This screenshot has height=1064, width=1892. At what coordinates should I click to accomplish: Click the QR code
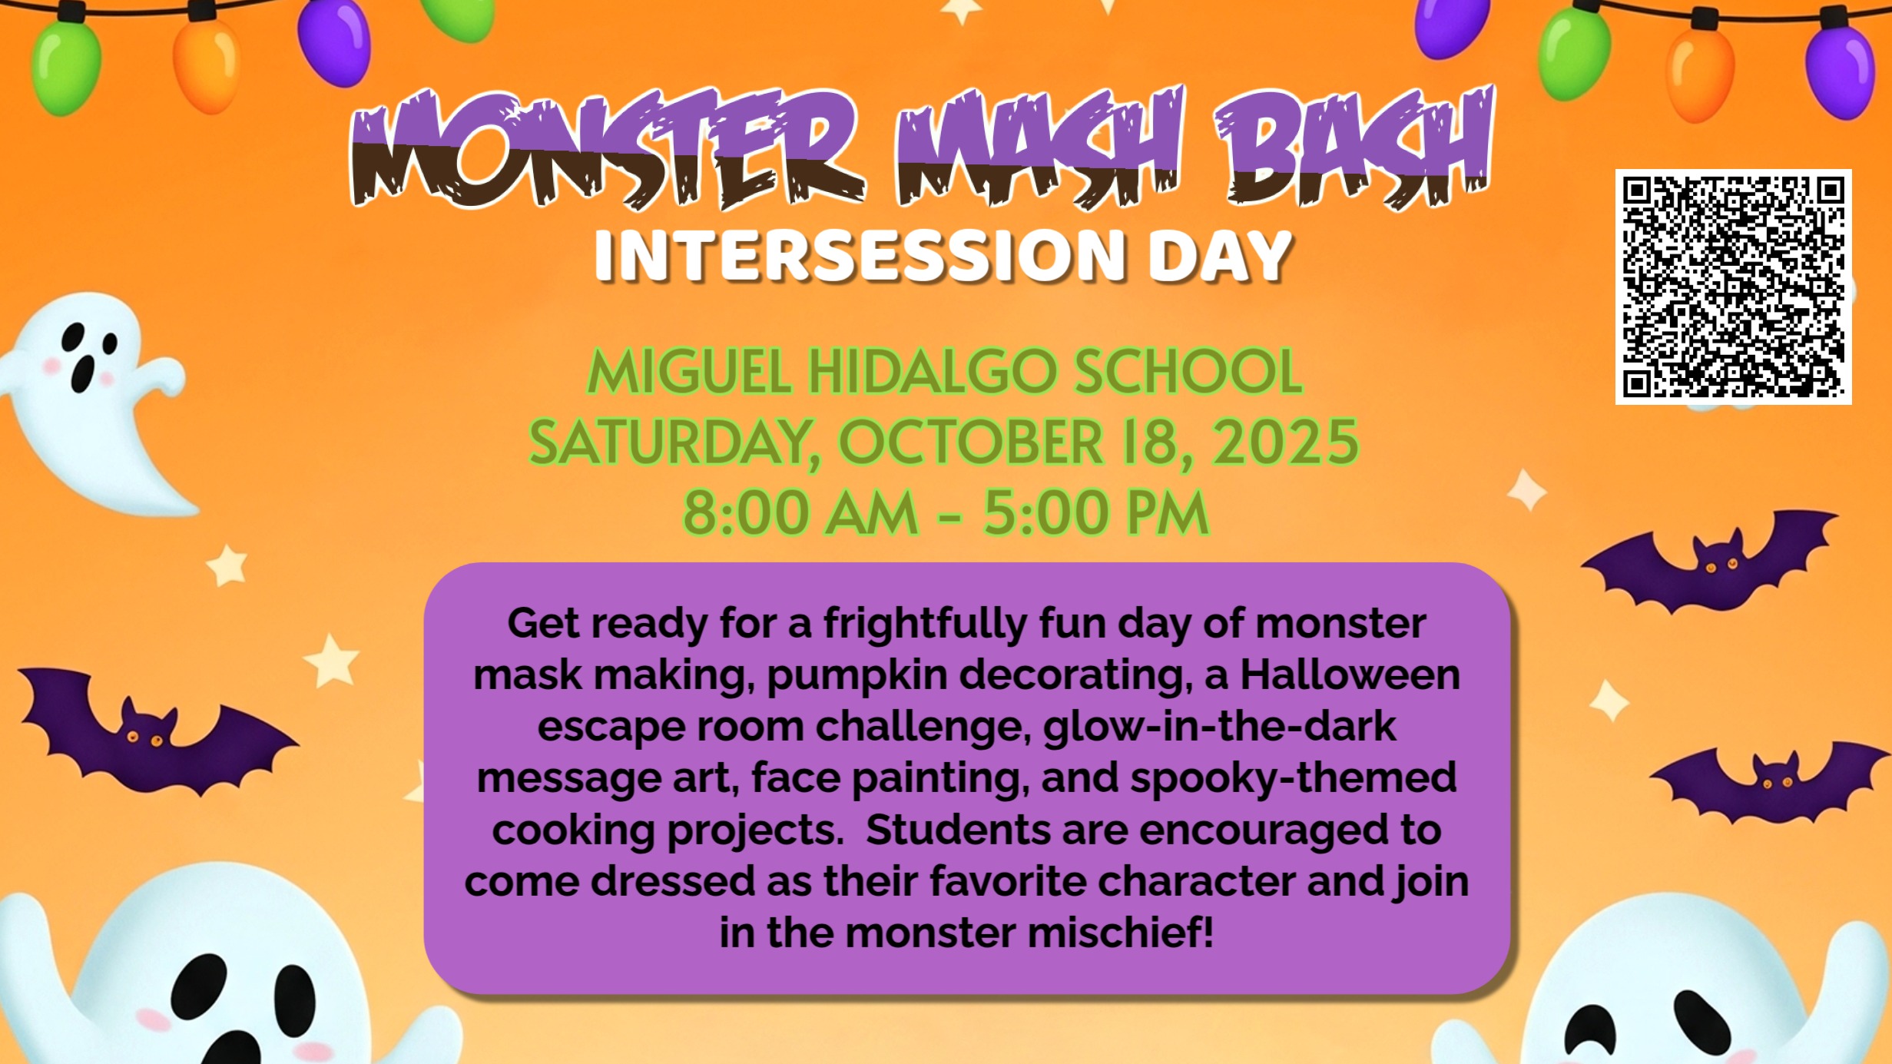point(1733,287)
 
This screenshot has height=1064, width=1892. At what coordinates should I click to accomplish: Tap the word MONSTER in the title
point(607,149)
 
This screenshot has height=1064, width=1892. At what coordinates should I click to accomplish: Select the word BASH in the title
point(1354,146)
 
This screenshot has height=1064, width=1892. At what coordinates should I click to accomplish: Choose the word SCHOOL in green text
point(1188,372)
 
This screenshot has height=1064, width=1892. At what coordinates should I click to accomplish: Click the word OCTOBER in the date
point(971,442)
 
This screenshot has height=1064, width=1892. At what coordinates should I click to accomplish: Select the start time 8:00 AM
point(800,512)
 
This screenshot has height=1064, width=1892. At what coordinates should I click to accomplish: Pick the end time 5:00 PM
point(1096,512)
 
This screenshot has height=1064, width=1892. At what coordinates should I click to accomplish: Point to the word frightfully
point(926,624)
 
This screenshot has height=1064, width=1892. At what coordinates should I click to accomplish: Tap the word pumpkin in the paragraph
point(857,676)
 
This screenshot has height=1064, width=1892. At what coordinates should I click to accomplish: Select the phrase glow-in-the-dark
point(1219,727)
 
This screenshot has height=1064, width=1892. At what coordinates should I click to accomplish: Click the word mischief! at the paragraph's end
point(1121,933)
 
